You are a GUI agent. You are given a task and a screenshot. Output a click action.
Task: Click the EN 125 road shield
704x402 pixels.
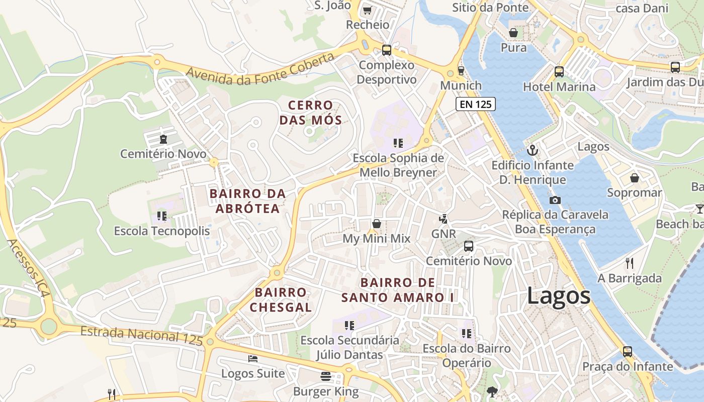[476, 104]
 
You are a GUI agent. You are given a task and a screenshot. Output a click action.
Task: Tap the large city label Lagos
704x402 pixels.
[559, 295]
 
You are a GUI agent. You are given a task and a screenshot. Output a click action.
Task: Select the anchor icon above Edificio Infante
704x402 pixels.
[532, 150]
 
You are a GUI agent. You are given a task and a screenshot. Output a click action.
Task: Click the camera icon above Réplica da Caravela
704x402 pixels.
[555, 200]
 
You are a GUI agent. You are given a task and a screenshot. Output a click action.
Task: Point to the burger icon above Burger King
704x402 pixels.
[326, 376]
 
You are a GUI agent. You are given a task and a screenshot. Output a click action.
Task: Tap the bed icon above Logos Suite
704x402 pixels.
[253, 359]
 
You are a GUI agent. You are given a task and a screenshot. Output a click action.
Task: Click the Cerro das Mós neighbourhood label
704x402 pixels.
[311, 113]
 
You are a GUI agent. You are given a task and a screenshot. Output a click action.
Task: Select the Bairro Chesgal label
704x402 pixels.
[281, 299]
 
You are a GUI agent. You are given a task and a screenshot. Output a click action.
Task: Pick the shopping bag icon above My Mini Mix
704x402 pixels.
[376, 224]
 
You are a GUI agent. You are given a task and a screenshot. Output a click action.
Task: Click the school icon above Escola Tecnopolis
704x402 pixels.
[161, 216]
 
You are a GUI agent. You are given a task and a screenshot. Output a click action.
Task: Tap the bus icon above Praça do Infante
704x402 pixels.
[628, 351]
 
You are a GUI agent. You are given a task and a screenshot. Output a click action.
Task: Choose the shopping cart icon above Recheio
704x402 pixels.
[367, 10]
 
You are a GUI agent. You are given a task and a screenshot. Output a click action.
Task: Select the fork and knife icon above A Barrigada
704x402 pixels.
[629, 263]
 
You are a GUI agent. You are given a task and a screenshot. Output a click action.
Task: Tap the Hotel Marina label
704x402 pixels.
[559, 87]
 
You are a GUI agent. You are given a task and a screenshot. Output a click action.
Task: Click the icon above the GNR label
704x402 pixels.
[443, 219]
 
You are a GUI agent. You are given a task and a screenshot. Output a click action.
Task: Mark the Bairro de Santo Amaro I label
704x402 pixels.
[397, 290]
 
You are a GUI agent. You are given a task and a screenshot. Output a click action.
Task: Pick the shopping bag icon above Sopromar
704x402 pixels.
[635, 178]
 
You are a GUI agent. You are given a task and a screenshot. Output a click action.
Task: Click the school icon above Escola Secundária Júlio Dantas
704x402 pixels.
[349, 326]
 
